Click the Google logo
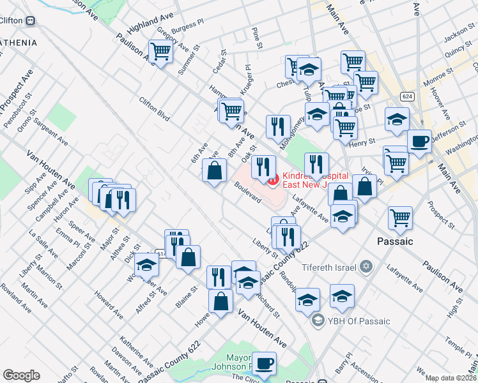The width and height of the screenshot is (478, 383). [21, 375]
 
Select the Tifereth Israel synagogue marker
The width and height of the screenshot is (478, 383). [366, 266]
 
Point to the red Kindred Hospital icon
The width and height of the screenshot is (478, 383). [273, 180]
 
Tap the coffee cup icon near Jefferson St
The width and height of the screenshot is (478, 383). [419, 141]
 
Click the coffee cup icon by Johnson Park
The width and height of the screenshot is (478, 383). [263, 363]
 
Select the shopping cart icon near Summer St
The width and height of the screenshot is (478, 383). [160, 51]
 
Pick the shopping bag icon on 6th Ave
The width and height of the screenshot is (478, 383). [214, 170]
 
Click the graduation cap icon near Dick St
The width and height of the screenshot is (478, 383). [147, 264]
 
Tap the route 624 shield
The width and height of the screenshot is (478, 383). [407, 96]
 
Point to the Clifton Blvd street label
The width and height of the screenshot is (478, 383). [155, 108]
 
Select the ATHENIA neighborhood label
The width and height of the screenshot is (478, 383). [19, 43]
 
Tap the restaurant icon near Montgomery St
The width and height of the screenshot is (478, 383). [278, 126]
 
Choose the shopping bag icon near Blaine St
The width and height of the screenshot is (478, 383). [189, 258]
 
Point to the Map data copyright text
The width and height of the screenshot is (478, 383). [451, 378]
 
